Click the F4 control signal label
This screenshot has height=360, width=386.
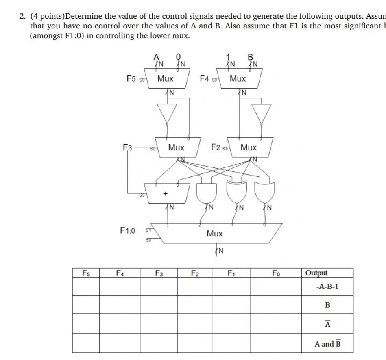pyautogui.click(x=205, y=78)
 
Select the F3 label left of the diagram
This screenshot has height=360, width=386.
pyautogui.click(x=128, y=147)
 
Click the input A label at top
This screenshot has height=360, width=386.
pyautogui.click(x=155, y=57)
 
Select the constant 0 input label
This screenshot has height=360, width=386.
pyautogui.click(x=178, y=57)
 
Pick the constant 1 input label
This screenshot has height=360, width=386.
pyautogui.click(x=228, y=57)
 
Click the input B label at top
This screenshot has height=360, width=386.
pyautogui.click(x=251, y=57)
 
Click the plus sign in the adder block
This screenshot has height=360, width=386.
pyautogui.click(x=165, y=194)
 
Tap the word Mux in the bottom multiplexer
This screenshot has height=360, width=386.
pyautogui.click(x=214, y=234)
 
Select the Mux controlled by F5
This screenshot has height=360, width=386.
pyautogui.click(x=165, y=78)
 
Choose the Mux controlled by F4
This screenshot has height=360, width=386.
pyautogui.click(x=238, y=78)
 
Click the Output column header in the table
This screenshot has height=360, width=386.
pyautogui.click(x=316, y=273)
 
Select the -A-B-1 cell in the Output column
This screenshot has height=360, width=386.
pyautogui.click(x=327, y=287)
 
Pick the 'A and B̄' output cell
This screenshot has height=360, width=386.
pyautogui.click(x=327, y=344)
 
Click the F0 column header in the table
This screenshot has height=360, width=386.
pyautogui.click(x=276, y=273)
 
